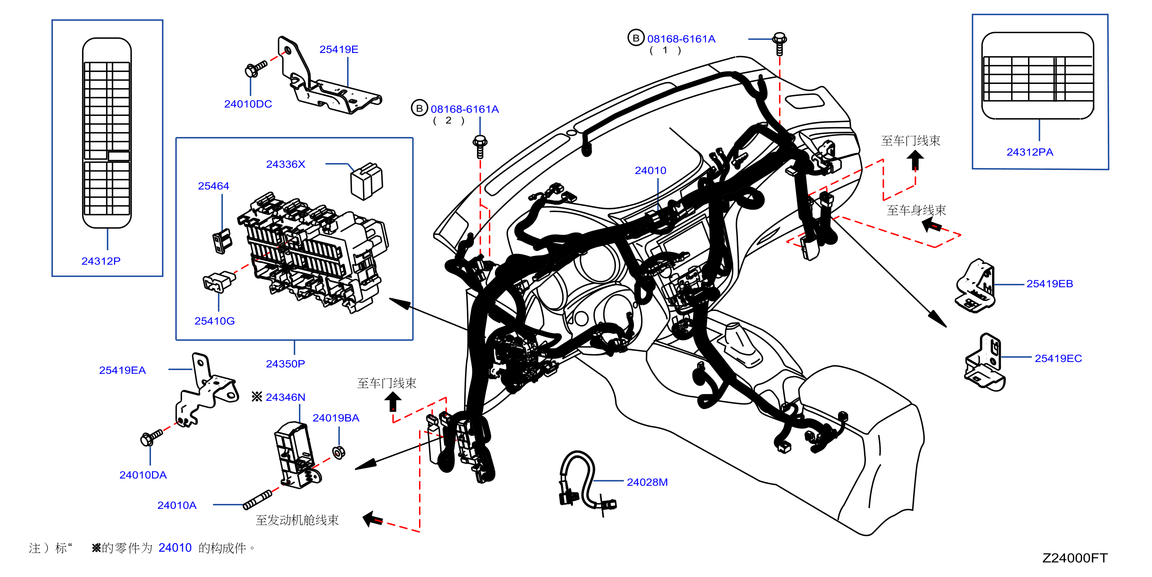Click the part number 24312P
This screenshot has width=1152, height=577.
click(x=101, y=261)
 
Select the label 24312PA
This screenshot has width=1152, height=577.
click(x=1029, y=152)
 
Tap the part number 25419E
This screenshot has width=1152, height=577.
click(x=338, y=49)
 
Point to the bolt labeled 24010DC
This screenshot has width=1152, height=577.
click(x=256, y=69)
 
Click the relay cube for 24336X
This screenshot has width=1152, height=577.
click(x=367, y=181)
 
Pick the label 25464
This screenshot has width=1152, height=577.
click(x=213, y=186)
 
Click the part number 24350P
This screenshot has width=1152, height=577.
click(x=285, y=364)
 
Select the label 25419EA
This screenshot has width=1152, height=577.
click(x=122, y=370)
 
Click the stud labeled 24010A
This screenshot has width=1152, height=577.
click(x=258, y=500)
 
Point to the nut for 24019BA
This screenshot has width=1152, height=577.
click(x=339, y=452)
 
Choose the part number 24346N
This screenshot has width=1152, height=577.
click(x=285, y=397)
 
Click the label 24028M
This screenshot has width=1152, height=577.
click(x=647, y=482)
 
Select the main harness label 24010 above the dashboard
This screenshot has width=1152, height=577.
click(x=650, y=170)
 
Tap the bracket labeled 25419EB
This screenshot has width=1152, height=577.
click(x=975, y=286)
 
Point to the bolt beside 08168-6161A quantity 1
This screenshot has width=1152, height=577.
click(x=780, y=44)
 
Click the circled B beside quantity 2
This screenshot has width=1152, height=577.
click(x=419, y=108)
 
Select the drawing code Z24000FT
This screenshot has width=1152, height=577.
click(x=1075, y=558)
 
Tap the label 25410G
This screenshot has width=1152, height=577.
click(x=214, y=321)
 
